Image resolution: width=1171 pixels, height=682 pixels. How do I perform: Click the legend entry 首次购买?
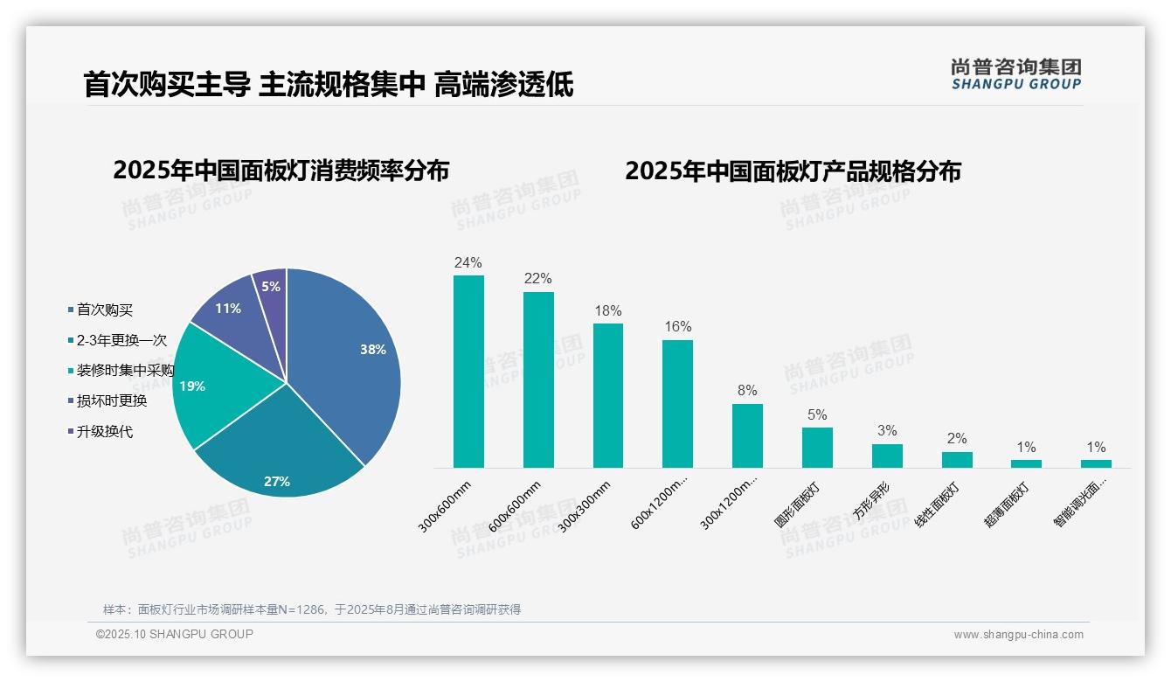tap(104, 310)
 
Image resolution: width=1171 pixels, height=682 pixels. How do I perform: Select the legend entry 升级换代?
tap(104, 432)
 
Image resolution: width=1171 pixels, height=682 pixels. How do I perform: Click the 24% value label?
tap(468, 262)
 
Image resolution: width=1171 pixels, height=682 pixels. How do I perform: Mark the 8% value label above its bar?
tap(747, 391)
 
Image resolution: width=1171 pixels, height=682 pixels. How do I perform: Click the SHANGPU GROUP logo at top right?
tap(1015, 74)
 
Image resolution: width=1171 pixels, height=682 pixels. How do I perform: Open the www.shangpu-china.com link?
tap(1018, 635)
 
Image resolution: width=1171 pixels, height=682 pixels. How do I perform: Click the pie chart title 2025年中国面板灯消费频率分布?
tap(281, 170)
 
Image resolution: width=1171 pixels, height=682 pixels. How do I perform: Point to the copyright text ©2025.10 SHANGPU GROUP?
tap(175, 634)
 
